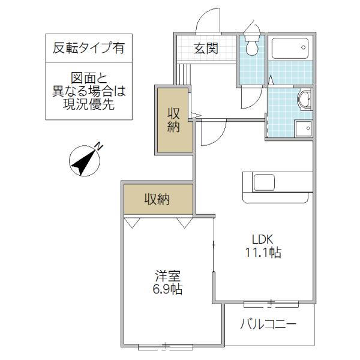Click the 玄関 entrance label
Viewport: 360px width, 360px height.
tap(206, 49)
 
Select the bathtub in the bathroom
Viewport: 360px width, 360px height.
tap(290, 48)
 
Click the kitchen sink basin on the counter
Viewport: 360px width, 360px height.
tap(264, 182)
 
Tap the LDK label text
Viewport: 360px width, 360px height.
tap(263, 239)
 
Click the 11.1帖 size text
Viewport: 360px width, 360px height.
tap(263, 253)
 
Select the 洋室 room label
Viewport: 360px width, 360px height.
tap(168, 276)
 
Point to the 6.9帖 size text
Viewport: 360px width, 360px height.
tap(167, 289)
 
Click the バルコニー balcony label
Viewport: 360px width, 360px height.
tap(268, 325)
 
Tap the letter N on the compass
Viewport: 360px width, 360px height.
tap(99, 146)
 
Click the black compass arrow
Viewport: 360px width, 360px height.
tap(83, 163)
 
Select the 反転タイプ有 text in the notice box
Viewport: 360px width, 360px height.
tap(89, 48)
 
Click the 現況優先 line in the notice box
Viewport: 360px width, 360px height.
tap(89, 104)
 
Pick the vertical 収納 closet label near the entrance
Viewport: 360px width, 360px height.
tap(173, 120)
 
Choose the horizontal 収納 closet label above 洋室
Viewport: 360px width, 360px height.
tap(157, 199)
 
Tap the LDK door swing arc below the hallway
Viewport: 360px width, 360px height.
tap(220, 137)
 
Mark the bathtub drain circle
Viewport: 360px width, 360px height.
tap(304, 47)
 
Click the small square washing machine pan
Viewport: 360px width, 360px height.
tap(304, 128)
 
